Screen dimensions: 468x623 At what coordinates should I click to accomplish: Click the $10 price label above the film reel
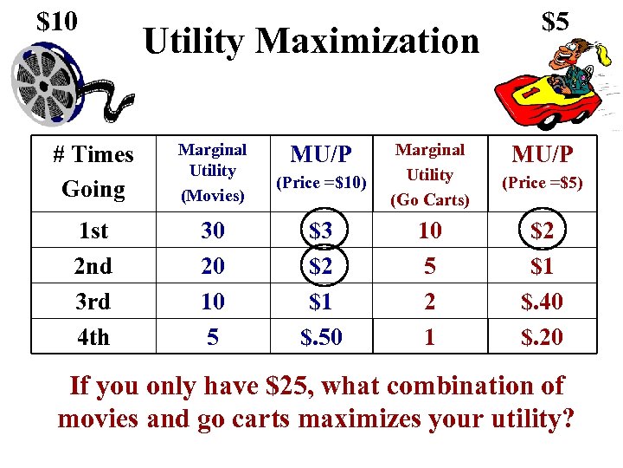tap(58, 21)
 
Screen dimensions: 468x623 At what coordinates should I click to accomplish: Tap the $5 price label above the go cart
tap(555, 22)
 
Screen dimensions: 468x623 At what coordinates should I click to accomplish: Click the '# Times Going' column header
tap(93, 172)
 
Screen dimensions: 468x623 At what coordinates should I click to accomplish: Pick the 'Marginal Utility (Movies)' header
tap(212, 172)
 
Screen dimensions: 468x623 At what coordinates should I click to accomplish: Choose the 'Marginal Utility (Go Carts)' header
tap(430, 174)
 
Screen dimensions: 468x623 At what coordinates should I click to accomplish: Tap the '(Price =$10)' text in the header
tap(321, 183)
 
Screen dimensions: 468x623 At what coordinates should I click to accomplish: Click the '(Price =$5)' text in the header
tap(542, 183)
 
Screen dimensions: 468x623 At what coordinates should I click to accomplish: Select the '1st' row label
tap(93, 231)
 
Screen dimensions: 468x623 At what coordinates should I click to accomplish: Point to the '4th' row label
tap(93, 337)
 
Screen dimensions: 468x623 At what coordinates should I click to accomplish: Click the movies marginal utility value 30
tap(213, 231)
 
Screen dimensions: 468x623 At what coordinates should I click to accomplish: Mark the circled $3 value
tap(321, 231)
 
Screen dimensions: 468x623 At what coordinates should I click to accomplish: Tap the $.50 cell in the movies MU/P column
tap(321, 337)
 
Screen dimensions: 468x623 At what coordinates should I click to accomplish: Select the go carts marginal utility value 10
tap(430, 231)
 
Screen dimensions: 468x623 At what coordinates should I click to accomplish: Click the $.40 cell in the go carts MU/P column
tap(542, 302)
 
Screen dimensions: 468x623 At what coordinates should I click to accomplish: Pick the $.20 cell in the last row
tap(542, 337)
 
